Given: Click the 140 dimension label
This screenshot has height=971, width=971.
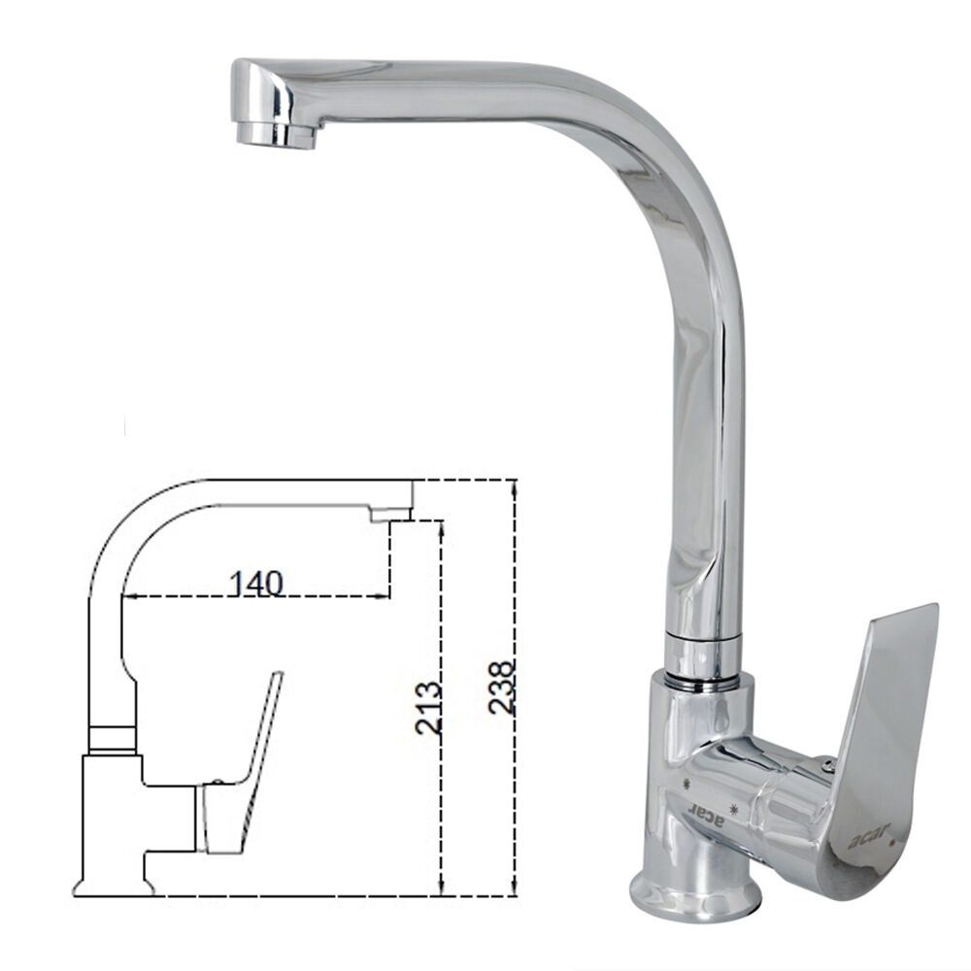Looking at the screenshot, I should tap(256, 583).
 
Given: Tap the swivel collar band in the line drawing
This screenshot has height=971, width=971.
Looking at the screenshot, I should tap(112, 737).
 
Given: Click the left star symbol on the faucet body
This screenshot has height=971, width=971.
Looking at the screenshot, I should tap(687, 784).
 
